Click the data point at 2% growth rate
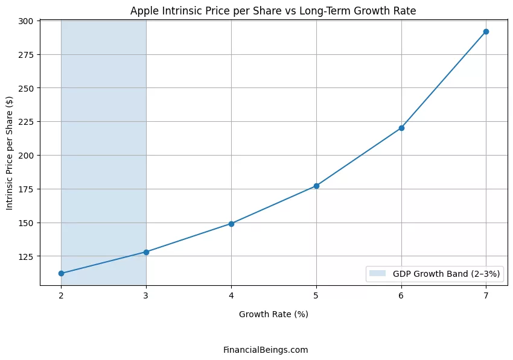[61, 273]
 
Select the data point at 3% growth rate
[146, 252]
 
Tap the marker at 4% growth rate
[231, 224]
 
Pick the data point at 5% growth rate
[316, 186]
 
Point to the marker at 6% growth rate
[401, 128]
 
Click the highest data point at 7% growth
[486, 31]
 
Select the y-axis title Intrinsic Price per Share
[10, 153]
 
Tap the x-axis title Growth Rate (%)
[273, 314]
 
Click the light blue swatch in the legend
[378, 274]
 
